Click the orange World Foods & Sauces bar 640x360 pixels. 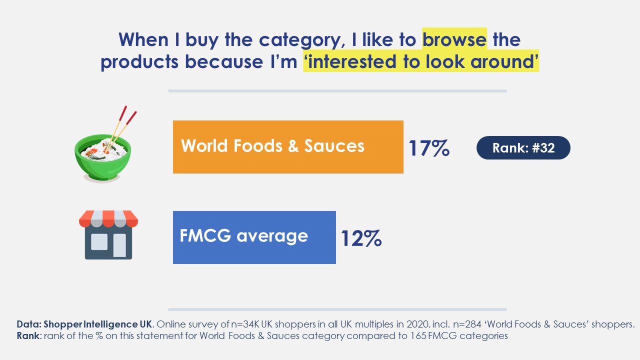[x=288, y=147]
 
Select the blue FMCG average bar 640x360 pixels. [x=254, y=237]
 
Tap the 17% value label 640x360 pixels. [x=429, y=148]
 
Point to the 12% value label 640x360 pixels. [x=361, y=238]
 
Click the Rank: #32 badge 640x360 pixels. [x=523, y=147]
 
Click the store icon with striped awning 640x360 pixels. [x=108, y=235]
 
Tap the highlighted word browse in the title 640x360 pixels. [x=454, y=39]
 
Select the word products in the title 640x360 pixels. [x=139, y=61]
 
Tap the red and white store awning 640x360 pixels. [x=108, y=219]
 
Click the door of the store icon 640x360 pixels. [x=119, y=245]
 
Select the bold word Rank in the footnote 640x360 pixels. [x=27, y=335]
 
